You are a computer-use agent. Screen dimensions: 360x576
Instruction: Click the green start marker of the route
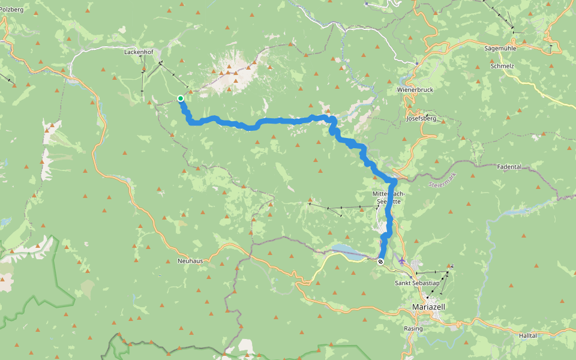180,98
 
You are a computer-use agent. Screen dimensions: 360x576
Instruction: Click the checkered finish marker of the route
380,261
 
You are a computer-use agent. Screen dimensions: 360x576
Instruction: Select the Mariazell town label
430,307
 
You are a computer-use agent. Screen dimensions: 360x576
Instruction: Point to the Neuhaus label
190,261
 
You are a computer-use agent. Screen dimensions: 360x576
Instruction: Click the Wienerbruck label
415,89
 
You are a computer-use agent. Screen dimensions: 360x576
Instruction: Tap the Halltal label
528,336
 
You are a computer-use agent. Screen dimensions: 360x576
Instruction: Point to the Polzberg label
11,10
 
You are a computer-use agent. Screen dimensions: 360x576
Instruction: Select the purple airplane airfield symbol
402,261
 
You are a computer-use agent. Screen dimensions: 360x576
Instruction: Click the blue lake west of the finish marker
344,249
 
